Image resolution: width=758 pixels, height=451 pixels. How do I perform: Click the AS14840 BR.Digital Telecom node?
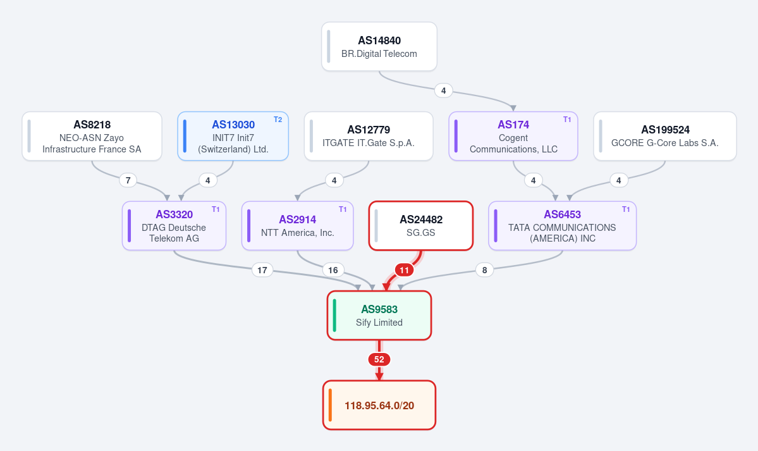(379, 46)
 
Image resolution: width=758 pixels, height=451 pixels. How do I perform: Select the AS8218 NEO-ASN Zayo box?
(92, 136)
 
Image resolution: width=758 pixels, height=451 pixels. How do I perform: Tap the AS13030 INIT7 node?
(233, 136)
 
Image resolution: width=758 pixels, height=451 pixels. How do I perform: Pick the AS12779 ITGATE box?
(369, 136)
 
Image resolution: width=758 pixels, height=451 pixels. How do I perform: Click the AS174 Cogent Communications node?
(513, 136)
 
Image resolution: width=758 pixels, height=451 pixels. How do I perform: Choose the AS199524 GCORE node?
(664, 136)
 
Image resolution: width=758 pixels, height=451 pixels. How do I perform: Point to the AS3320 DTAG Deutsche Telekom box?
(174, 226)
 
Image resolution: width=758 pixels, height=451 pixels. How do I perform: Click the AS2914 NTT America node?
(297, 226)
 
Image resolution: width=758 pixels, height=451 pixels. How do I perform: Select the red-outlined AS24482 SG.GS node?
(420, 226)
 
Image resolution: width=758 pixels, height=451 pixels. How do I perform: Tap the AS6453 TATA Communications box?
(562, 226)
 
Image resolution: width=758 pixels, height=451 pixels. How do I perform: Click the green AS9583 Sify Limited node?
(379, 316)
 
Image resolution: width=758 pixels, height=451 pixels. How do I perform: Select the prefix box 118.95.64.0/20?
(379, 405)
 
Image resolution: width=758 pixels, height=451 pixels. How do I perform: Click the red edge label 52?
(379, 359)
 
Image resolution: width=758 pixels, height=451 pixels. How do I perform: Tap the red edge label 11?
(404, 270)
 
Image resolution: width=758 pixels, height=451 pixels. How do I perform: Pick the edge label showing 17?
(262, 270)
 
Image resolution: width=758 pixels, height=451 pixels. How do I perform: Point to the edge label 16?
(333, 270)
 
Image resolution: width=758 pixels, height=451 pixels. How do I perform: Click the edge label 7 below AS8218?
(128, 180)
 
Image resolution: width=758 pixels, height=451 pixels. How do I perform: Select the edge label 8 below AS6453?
(484, 270)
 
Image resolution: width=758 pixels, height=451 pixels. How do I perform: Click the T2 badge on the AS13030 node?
(278, 120)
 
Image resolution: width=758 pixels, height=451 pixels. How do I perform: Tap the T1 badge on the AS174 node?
(567, 120)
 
